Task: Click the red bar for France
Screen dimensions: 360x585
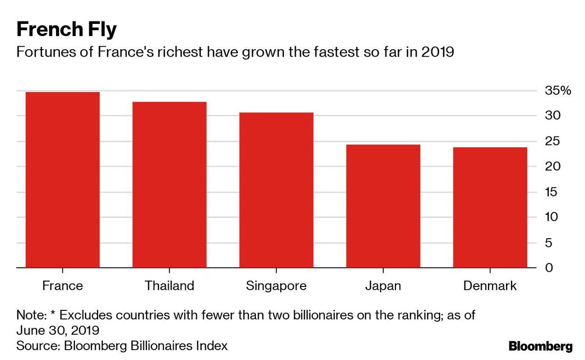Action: coord(62,180)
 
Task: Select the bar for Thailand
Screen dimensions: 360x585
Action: coord(169,185)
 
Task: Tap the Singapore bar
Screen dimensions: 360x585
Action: coord(276,190)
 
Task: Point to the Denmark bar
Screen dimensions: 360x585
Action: coord(489,208)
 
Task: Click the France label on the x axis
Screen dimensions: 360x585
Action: coord(62,285)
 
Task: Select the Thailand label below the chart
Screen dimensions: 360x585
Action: coord(169,285)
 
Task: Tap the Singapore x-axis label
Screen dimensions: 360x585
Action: coord(276,286)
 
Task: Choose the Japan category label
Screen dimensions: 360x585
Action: coord(383,286)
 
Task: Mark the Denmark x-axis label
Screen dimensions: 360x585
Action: coord(489,285)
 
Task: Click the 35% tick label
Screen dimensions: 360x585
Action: coord(557,91)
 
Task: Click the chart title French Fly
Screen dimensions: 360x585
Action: coord(66,30)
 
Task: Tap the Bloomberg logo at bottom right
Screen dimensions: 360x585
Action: coord(540,346)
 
